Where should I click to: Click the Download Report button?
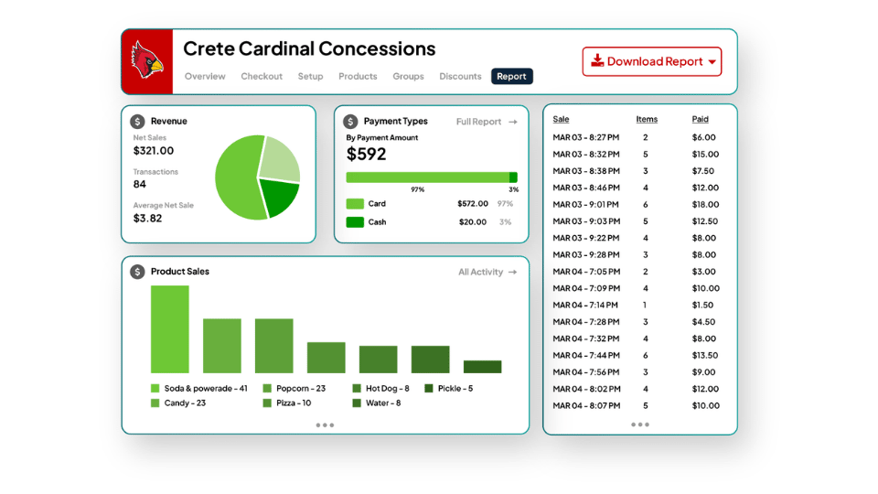point(652,61)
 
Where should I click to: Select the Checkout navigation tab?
point(262,76)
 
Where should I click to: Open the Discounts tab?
point(460,76)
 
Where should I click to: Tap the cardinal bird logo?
point(146,60)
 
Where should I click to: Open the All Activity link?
point(487,273)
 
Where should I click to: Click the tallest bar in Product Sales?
point(170,329)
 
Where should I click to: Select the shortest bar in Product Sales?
point(482,367)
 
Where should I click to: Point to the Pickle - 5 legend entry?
point(449,388)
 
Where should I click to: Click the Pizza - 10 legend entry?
point(287,403)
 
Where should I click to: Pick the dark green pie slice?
point(280,197)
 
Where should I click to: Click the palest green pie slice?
point(281,158)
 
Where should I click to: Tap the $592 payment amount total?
point(366,154)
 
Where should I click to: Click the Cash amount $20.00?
point(473,221)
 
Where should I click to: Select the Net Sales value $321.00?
point(154,151)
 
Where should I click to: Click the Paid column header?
point(700,119)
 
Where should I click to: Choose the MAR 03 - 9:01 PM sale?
point(585,204)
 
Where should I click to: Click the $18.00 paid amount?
point(705,204)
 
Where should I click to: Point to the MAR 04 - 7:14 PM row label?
point(585,306)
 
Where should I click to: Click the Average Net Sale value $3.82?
point(148,219)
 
